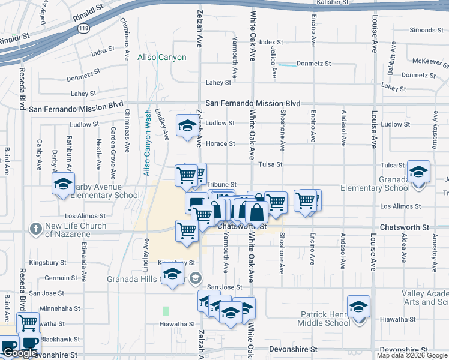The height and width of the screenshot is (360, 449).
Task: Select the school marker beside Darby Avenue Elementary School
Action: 62,185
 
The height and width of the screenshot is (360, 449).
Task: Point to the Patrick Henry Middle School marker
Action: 358,307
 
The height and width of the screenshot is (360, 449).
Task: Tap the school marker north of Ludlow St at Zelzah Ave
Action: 187,125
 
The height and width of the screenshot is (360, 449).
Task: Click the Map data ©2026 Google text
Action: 411,355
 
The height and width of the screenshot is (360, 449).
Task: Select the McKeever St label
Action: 428,61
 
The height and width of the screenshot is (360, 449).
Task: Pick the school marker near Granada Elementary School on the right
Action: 418,171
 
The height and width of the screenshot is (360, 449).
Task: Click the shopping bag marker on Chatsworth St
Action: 256,212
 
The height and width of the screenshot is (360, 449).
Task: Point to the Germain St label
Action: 58,278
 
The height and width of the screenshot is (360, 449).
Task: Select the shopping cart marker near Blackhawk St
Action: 28,323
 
